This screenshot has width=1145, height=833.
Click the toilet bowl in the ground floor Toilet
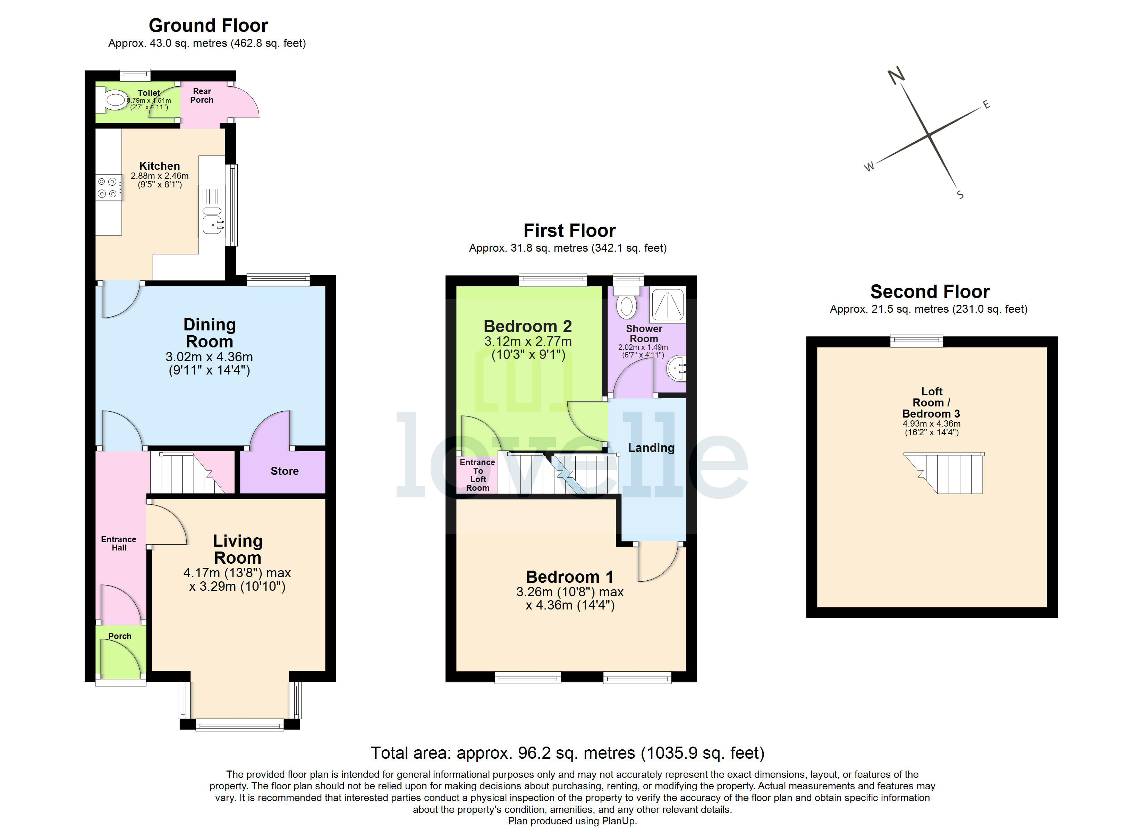point(114,101)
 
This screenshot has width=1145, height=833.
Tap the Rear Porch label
point(202,95)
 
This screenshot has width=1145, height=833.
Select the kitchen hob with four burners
point(108,187)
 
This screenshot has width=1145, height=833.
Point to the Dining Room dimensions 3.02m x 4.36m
point(209,357)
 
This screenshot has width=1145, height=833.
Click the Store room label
point(284,471)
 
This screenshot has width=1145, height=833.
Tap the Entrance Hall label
point(119,543)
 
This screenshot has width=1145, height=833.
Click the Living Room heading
point(237,549)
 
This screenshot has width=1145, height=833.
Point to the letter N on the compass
point(896,76)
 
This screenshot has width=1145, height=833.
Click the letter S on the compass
point(960,194)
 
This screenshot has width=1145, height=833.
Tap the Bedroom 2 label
point(528,326)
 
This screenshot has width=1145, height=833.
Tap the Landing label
point(651,448)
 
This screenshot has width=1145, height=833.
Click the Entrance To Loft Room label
point(477,475)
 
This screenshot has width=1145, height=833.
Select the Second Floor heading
point(930,292)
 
